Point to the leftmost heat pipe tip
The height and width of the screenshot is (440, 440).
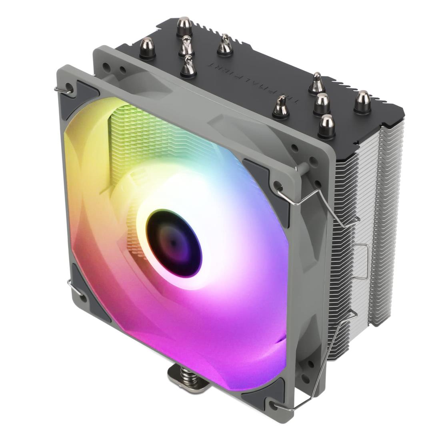click(147, 48)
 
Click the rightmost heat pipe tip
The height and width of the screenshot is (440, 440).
click(362, 101)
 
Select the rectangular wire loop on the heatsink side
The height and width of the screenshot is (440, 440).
click(362, 260)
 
